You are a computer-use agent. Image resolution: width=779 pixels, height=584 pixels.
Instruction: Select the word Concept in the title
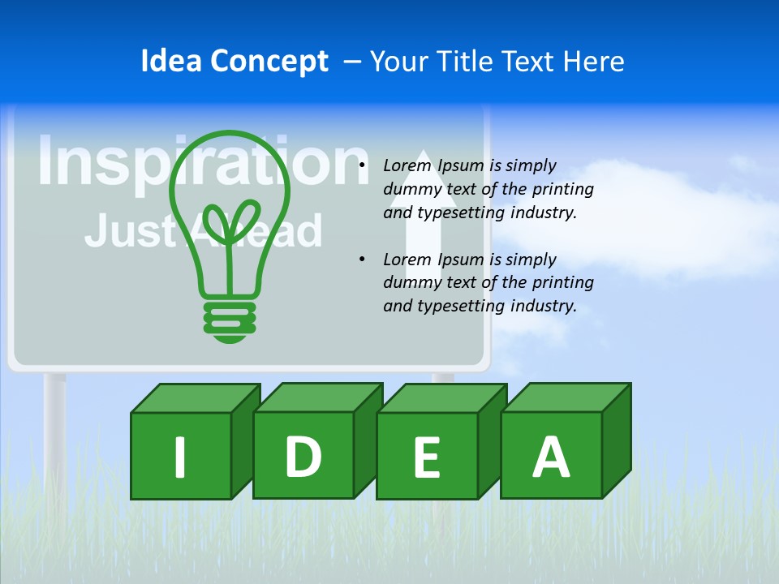[x=269, y=62]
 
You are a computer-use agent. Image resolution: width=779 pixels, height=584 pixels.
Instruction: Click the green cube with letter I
[x=181, y=455]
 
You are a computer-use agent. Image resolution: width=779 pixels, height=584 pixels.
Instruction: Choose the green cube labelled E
[x=427, y=456]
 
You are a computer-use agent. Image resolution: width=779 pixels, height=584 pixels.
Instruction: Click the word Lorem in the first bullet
[x=408, y=165]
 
